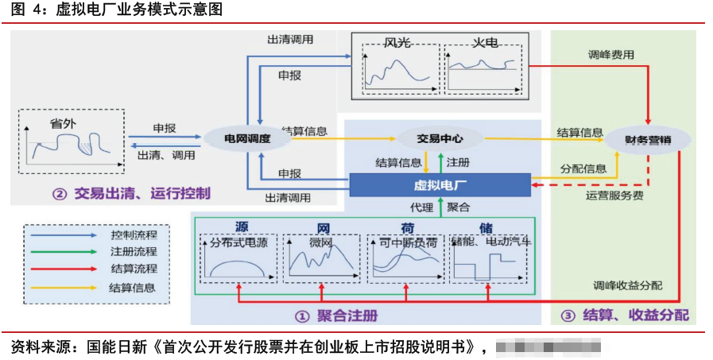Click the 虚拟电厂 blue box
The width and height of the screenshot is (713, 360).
coord(440,186)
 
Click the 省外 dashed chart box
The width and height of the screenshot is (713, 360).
coord(72,141)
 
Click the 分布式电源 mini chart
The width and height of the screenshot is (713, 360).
coord(238,257)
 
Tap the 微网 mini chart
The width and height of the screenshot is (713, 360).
coord(322,257)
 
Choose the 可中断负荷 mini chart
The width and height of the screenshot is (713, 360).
coord(405,257)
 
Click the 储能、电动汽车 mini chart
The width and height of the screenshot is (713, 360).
coord(489,257)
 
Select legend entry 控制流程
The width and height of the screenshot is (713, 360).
coord(133,235)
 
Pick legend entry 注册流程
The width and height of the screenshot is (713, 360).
coord(133,252)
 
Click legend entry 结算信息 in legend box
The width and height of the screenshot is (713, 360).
coord(133,287)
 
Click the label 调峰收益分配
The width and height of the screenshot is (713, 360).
coord(626,285)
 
